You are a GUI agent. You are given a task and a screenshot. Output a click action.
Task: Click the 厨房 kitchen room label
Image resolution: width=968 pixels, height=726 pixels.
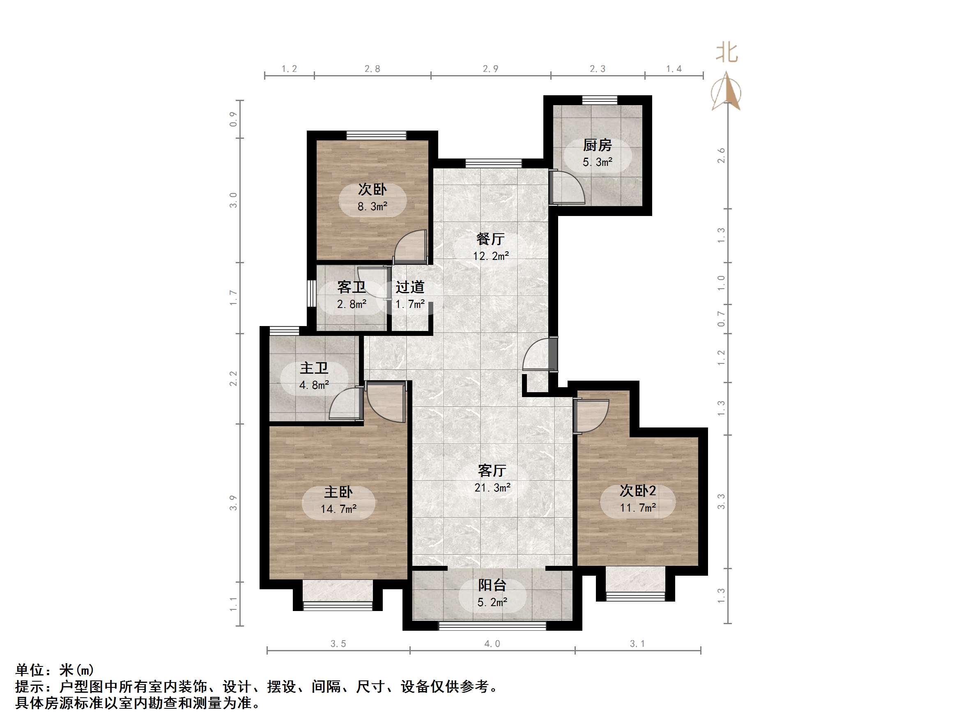(597, 145)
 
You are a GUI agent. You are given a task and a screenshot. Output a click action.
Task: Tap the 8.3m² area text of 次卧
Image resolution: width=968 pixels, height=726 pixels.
(372, 207)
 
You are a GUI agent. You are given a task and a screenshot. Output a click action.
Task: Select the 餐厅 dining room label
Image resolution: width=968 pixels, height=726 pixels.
(490, 239)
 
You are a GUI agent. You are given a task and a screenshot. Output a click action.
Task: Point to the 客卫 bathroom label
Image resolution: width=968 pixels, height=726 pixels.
(351, 287)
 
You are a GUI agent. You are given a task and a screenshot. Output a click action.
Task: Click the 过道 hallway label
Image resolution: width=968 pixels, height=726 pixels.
(410, 287)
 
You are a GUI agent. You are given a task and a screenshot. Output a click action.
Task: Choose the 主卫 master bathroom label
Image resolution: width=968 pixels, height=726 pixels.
(314, 368)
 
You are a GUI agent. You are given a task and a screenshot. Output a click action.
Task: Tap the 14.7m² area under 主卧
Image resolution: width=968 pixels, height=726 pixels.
(338, 509)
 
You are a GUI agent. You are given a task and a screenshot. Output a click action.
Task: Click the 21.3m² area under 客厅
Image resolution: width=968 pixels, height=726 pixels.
(492, 487)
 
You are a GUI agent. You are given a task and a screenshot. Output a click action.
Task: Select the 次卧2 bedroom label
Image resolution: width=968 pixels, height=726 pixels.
(638, 491)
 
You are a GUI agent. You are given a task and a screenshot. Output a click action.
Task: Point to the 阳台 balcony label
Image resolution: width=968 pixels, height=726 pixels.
(492, 585)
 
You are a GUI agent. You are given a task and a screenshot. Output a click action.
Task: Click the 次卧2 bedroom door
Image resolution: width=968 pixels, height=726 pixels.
(591, 416)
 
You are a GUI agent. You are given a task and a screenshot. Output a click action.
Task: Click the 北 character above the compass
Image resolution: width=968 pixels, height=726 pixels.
(727, 53)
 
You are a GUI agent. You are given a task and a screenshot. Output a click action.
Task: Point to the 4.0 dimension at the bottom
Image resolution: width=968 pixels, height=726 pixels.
(492, 644)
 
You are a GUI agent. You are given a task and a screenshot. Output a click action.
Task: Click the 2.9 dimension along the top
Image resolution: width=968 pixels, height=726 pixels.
(490, 69)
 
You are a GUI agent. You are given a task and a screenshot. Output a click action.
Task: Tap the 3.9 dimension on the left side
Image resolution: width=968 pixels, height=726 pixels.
(233, 502)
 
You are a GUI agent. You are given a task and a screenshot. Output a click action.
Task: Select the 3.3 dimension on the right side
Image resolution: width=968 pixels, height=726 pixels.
(721, 501)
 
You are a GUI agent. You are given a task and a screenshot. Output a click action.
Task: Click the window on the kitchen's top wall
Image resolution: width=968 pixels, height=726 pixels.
(600, 100)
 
